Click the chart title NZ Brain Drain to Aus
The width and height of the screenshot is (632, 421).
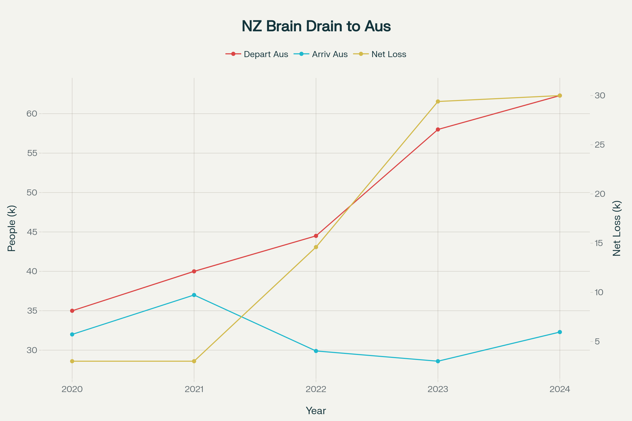[316, 26]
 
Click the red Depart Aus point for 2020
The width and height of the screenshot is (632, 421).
[72, 311]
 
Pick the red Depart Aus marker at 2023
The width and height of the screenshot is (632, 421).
[438, 129]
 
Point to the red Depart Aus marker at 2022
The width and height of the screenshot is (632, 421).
[316, 236]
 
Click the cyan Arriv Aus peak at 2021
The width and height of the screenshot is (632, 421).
[194, 295]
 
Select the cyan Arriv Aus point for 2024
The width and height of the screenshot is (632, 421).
[560, 332]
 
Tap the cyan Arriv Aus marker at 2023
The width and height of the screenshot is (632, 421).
[438, 361]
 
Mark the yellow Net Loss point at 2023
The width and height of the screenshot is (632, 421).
[438, 102]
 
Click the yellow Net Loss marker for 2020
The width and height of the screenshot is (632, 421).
[72, 361]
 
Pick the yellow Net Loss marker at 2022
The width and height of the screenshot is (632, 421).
[316, 247]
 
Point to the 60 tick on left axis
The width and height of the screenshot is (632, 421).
[32, 114]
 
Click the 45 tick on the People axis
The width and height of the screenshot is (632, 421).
[32, 232]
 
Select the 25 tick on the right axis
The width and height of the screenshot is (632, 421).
[600, 145]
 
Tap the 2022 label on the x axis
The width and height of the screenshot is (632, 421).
[316, 389]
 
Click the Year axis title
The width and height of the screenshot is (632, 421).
[316, 411]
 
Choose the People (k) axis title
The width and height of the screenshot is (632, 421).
[12, 228]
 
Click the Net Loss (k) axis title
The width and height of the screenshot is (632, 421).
[617, 228]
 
